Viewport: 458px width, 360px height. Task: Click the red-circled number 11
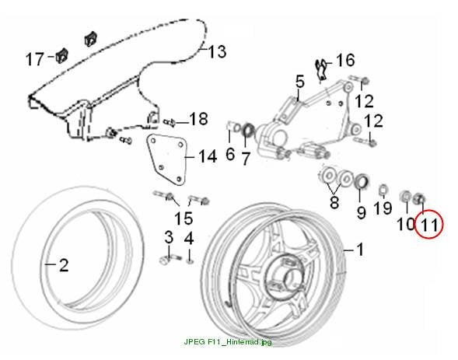[x=429, y=225]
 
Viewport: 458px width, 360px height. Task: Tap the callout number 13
[x=217, y=51]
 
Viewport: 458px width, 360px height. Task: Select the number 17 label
[x=34, y=59]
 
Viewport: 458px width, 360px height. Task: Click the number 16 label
[x=345, y=60]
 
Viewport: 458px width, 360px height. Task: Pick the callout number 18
[x=198, y=119]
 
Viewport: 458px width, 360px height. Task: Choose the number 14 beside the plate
[x=208, y=156]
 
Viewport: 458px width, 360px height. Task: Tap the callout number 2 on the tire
[x=64, y=265]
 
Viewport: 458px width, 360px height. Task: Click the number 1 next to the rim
[x=361, y=250]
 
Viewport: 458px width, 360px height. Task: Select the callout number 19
[x=383, y=208]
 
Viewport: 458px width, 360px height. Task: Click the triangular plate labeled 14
[x=166, y=159]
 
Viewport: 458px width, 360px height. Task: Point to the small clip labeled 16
[x=321, y=69]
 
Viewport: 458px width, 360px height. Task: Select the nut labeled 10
[x=405, y=196]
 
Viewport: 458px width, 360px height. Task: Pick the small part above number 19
[x=383, y=190]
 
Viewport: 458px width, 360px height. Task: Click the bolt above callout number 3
[x=170, y=259]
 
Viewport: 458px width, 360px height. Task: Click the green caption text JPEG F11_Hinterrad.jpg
[x=228, y=341]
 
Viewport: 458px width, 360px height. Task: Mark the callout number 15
[x=184, y=218]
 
